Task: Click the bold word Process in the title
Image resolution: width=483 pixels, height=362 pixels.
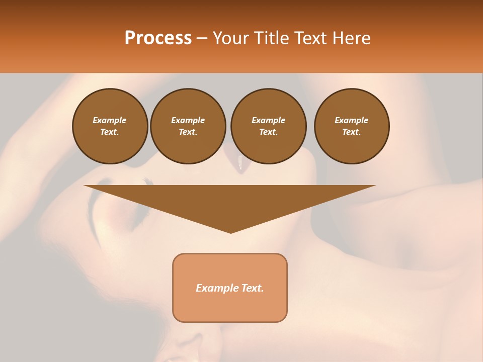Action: coord(158,38)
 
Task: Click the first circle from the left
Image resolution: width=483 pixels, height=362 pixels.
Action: coord(110,126)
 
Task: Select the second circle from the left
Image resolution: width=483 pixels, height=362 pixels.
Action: coord(188,126)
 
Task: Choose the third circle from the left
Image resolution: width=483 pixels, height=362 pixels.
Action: coord(268,126)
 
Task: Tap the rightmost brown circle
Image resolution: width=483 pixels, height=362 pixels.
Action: coord(352,126)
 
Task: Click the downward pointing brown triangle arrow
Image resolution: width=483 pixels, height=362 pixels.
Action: coord(230,204)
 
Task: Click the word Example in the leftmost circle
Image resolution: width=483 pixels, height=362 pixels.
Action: coord(110,121)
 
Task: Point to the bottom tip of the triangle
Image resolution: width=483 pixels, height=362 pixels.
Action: coord(230,232)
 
